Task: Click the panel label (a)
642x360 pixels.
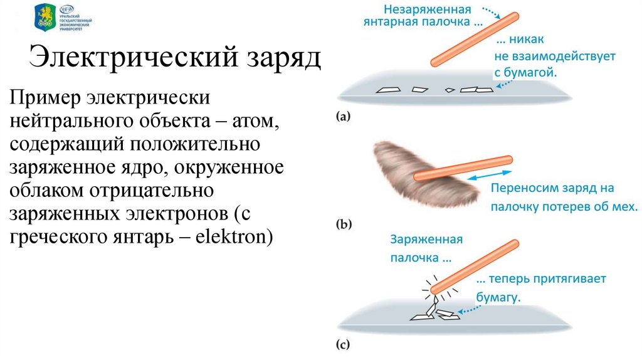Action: tap(344, 115)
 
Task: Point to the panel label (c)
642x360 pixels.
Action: tap(344, 343)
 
